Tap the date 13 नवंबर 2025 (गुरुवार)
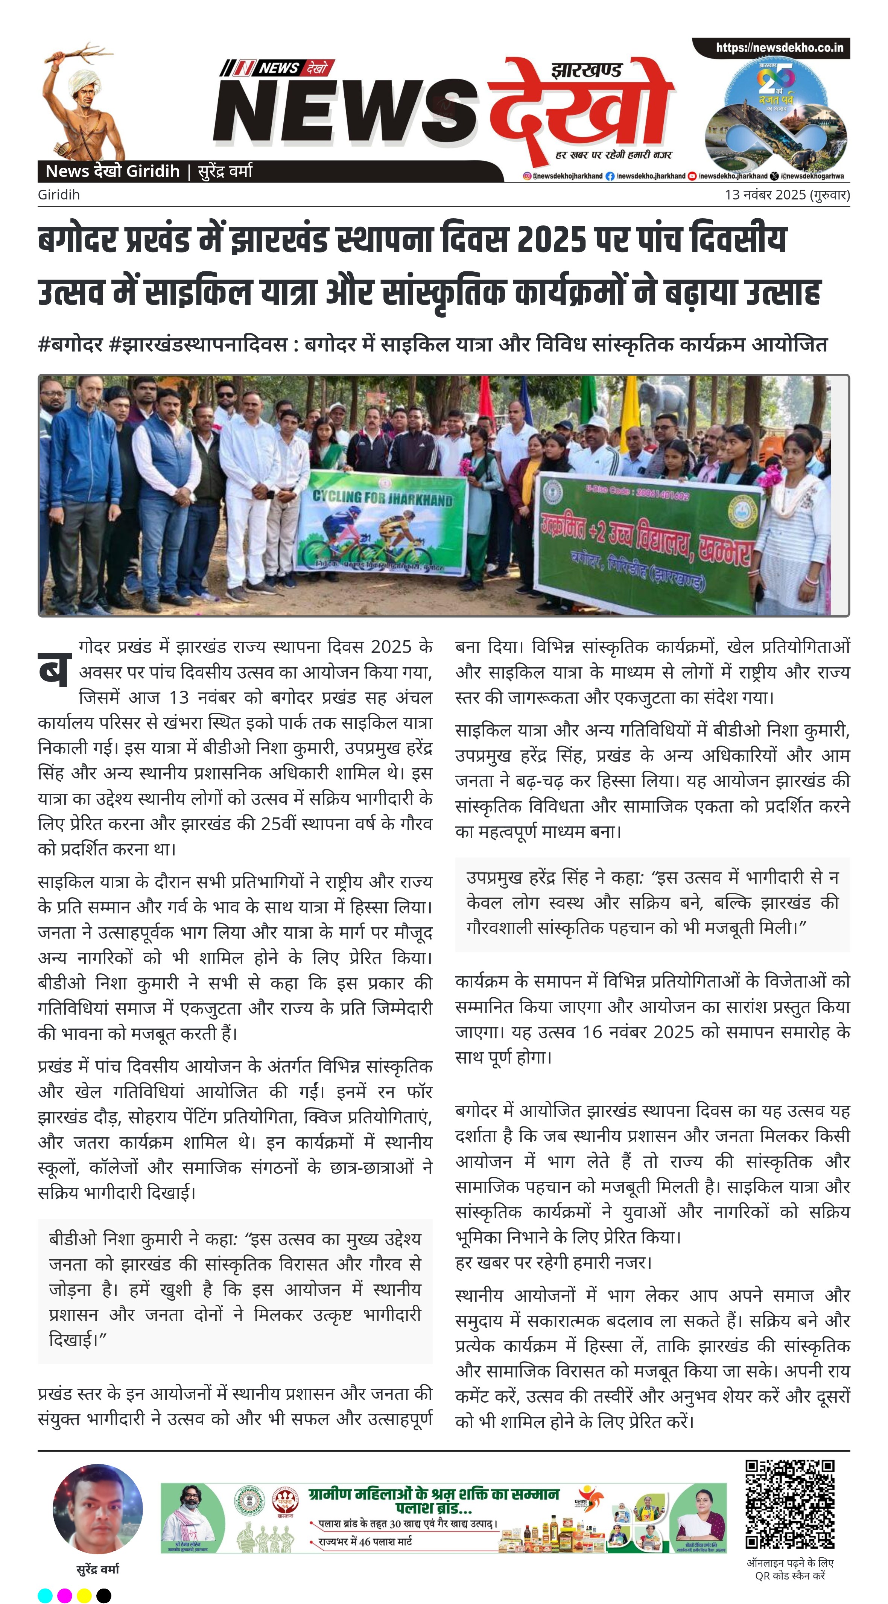(786, 195)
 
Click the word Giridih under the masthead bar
(59, 195)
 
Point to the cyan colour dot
(45, 1595)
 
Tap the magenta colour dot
(64, 1595)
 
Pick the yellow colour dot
(84, 1595)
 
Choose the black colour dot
(104, 1595)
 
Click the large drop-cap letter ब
(53, 670)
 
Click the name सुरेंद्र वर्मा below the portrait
(98, 1569)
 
